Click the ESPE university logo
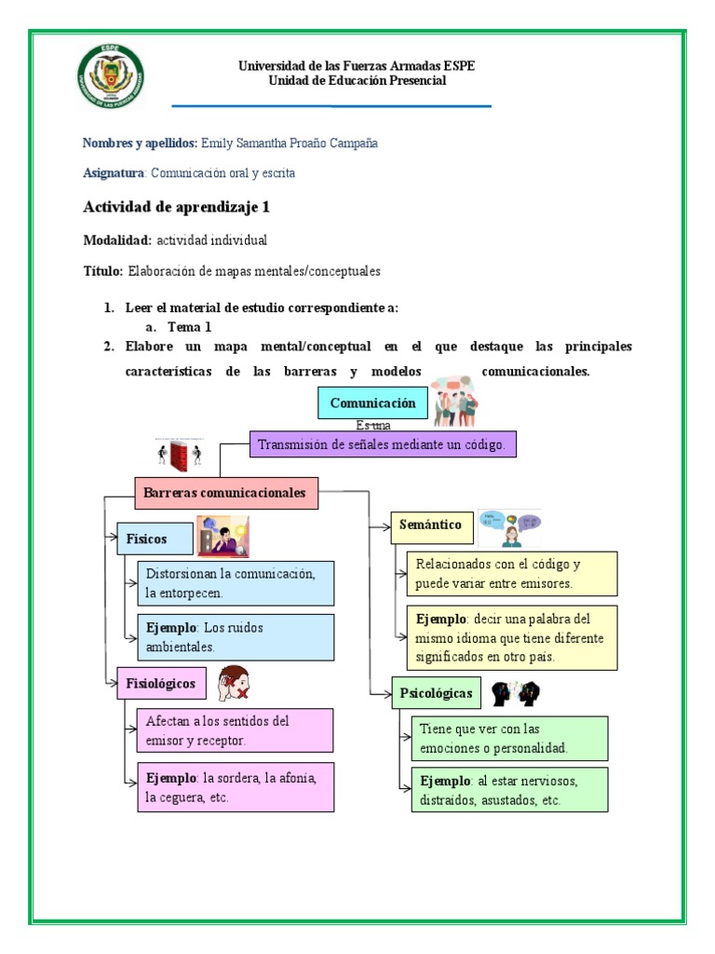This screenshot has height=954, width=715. click(x=111, y=76)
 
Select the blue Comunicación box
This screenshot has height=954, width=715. click(x=372, y=403)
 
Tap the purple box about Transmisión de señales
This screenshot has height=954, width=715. click(x=382, y=445)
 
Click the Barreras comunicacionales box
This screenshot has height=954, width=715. click(x=226, y=493)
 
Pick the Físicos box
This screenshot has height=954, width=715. click(x=155, y=538)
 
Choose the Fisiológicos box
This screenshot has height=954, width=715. click(x=161, y=684)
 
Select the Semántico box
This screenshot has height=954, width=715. click(x=430, y=525)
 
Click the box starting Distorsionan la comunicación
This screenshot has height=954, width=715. click(x=235, y=583)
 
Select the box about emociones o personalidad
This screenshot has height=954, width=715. click(x=509, y=738)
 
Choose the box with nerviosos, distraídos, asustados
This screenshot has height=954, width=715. click(x=509, y=790)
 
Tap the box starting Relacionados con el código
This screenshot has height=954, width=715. click(x=511, y=574)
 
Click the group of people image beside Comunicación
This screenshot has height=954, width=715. click(x=455, y=401)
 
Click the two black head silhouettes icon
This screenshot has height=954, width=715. click(x=516, y=694)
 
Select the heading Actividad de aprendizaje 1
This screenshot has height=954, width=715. click(x=176, y=207)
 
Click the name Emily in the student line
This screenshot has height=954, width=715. click(x=217, y=143)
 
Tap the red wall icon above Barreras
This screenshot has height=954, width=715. click(x=179, y=455)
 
